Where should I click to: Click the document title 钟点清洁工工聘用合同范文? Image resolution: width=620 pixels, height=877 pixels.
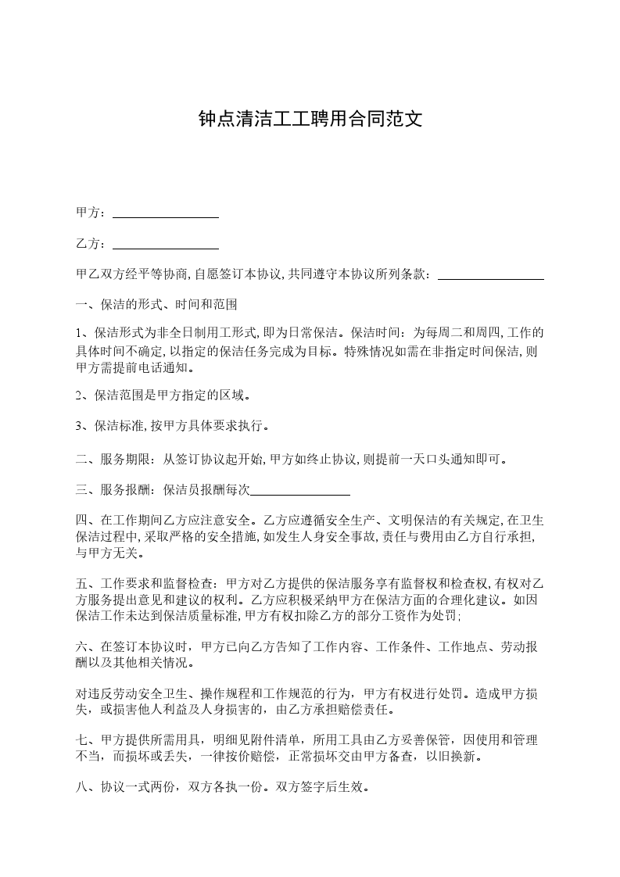(310, 120)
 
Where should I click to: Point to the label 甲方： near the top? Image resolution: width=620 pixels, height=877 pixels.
(91, 213)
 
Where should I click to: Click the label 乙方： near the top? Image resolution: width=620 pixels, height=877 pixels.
(91, 244)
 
